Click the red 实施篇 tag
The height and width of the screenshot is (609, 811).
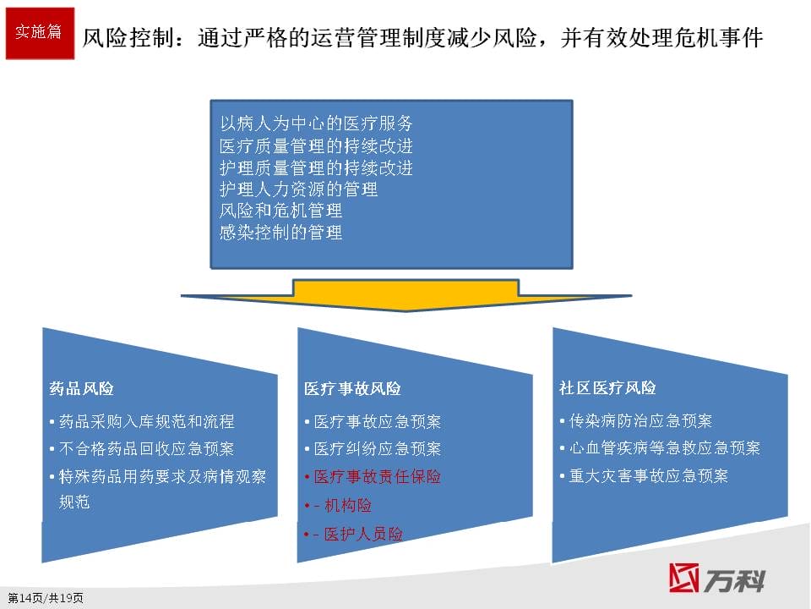click(x=40, y=33)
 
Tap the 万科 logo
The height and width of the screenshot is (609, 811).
click(x=716, y=578)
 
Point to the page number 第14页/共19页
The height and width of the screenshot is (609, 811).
click(x=46, y=598)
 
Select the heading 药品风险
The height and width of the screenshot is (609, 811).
click(x=82, y=388)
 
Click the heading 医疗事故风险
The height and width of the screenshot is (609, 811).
click(x=352, y=388)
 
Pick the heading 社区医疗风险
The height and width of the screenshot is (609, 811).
click(x=607, y=387)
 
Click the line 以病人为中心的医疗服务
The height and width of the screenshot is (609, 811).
click(x=316, y=123)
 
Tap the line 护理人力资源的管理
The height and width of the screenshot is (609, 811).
click(x=298, y=189)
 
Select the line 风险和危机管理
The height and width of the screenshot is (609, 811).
click(x=280, y=211)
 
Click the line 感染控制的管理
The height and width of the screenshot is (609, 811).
click(x=280, y=232)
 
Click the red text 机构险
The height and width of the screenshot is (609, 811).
click(x=348, y=505)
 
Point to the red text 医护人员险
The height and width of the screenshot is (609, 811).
click(x=363, y=534)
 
